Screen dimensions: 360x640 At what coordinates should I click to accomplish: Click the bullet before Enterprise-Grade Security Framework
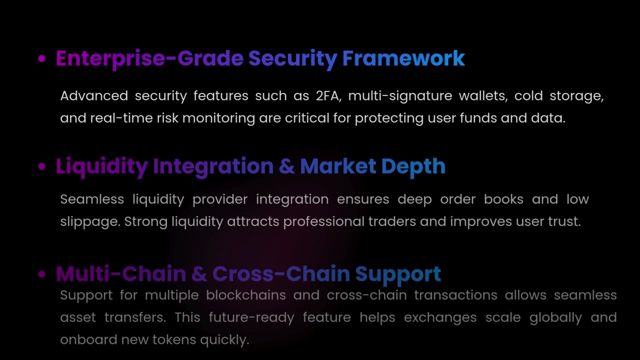click(x=42, y=58)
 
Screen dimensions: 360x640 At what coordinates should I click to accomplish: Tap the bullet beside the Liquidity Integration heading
click(x=42, y=166)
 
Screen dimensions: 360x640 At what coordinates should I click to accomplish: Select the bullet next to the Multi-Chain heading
click(x=42, y=274)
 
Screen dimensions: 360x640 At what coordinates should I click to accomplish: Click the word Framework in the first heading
click(x=403, y=58)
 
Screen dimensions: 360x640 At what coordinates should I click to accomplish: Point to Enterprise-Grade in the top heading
click(x=149, y=58)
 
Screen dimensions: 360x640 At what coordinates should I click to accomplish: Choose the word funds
click(x=473, y=118)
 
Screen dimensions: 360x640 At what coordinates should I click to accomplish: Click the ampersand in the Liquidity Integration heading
click(x=286, y=166)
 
